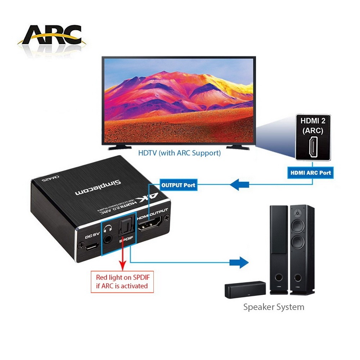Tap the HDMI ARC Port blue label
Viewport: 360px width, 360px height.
(311, 172)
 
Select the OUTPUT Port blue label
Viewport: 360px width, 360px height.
(179, 185)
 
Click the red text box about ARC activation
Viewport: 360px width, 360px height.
(122, 282)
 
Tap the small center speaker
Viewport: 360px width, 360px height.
(245, 290)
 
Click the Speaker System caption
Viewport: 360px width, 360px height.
(274, 307)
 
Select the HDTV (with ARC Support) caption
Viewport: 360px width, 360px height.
(179, 153)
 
